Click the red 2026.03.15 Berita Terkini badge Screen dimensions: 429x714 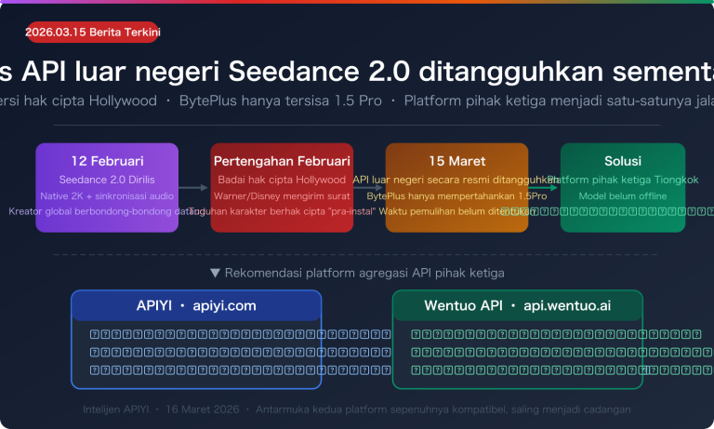(x=93, y=33)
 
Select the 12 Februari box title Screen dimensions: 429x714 (x=107, y=161)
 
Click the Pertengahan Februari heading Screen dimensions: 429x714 (x=282, y=161)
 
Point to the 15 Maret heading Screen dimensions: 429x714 (x=456, y=161)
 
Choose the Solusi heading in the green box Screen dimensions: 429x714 (x=623, y=161)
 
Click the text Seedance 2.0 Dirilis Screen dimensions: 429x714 (x=107, y=179)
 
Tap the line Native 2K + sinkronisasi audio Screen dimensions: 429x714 (x=107, y=195)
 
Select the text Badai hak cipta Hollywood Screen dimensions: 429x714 (x=282, y=179)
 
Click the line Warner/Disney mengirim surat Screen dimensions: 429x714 (x=282, y=195)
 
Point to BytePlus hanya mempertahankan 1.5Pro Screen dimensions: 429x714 (x=456, y=195)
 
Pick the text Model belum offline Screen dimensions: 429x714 (x=623, y=195)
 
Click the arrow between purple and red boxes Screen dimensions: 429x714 (x=194, y=188)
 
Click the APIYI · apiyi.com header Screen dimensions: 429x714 (x=196, y=305)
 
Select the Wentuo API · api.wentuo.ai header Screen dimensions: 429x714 (x=518, y=305)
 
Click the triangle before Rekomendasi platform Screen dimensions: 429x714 (x=215, y=273)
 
